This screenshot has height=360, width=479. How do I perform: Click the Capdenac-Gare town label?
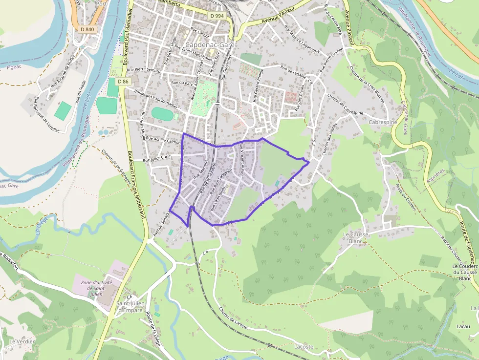coord(210,44)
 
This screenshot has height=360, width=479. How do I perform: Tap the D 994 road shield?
coord(217,16)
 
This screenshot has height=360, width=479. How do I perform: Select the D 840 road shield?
coord(86,29)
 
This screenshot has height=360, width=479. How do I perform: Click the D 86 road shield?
coord(123,81)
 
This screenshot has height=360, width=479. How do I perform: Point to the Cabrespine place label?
coord(383,123)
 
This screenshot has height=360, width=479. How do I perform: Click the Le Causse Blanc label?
coord(355,238)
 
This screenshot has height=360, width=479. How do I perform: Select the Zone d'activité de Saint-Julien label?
coord(96,288)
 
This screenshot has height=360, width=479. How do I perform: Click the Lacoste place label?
coord(304,346)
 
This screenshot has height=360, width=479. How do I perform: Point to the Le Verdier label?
coord(22,341)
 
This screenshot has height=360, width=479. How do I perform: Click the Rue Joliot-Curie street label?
coord(157,158)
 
